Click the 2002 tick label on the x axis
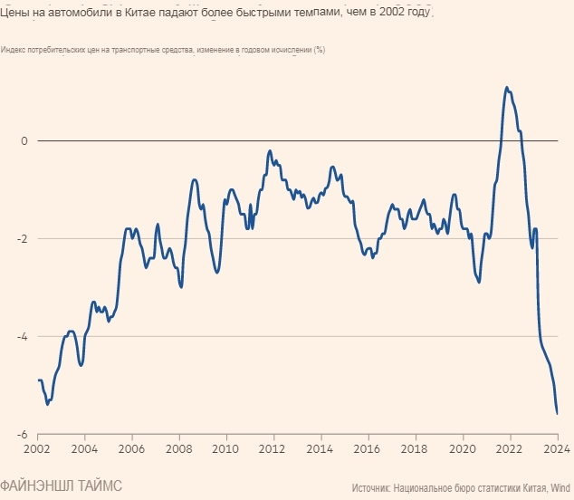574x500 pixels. click(x=37, y=448)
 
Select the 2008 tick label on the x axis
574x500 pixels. click(x=179, y=448)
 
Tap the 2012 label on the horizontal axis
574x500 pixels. click(x=273, y=448)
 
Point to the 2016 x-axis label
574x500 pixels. click(x=368, y=448)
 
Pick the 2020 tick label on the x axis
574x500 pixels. click(x=463, y=448)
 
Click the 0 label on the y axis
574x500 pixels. click(x=25, y=141)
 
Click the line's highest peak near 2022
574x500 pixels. click(x=506, y=88)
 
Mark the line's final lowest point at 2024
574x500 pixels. click(x=557, y=413)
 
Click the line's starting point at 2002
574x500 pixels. click(x=38, y=380)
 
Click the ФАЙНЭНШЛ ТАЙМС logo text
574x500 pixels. click(x=61, y=486)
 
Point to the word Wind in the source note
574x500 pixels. click(x=560, y=487)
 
